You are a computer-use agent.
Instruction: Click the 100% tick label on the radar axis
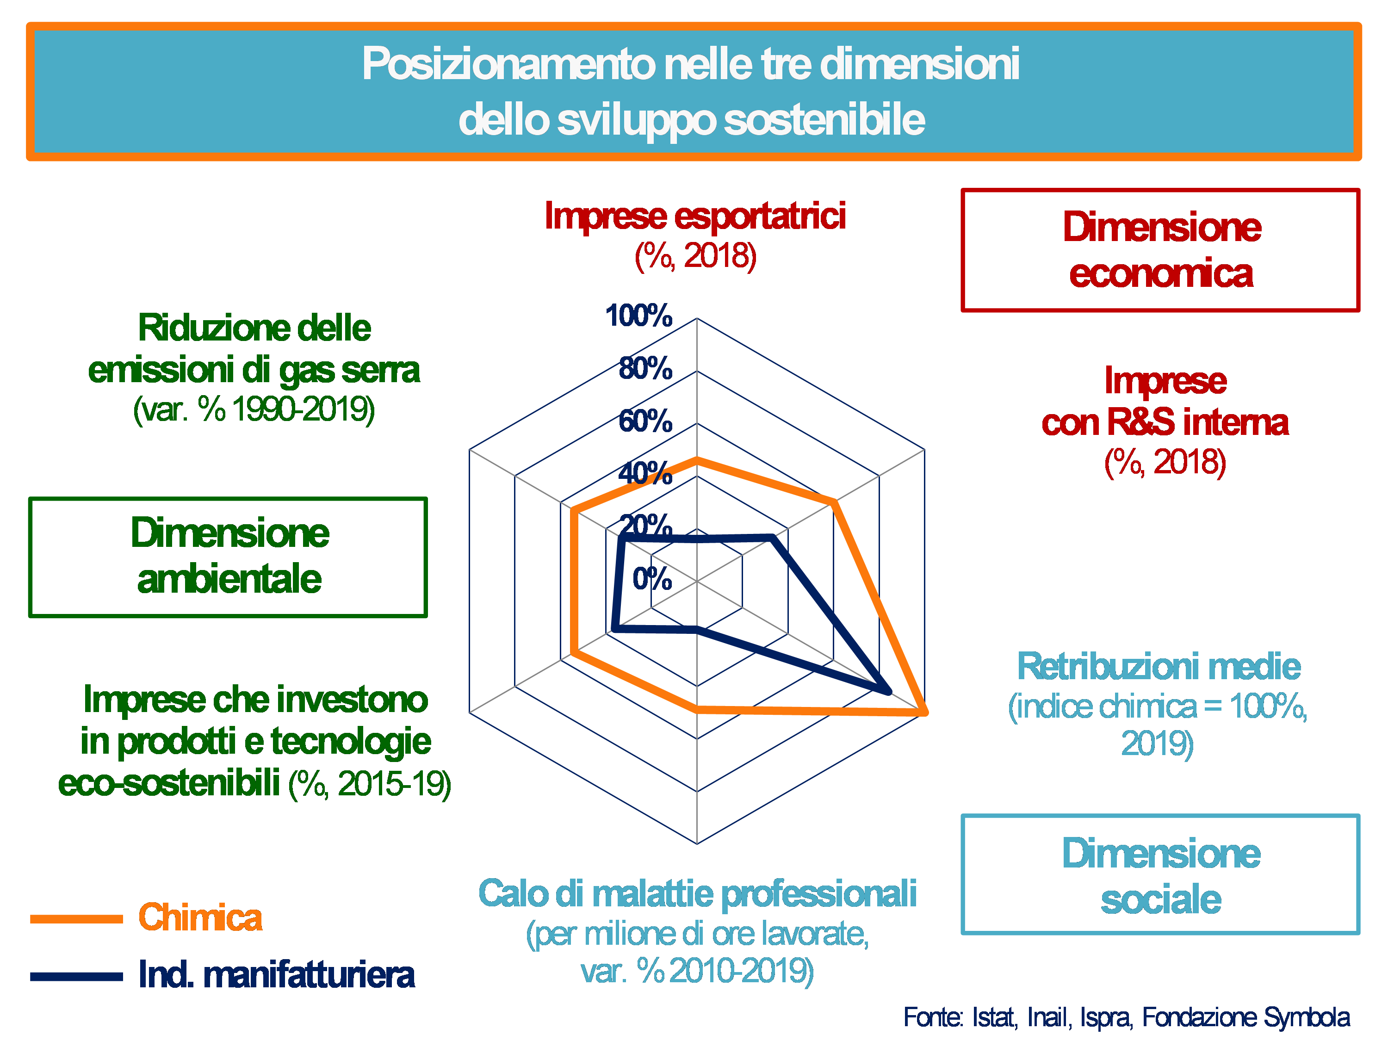coord(638,315)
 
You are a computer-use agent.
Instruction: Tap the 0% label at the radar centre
coord(651,578)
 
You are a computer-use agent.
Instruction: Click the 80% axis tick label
coord(644,368)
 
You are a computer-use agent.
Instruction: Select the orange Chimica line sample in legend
coord(76,919)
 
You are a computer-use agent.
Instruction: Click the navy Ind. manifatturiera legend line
coord(76,976)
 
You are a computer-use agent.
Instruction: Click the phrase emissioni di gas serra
coord(254,370)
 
